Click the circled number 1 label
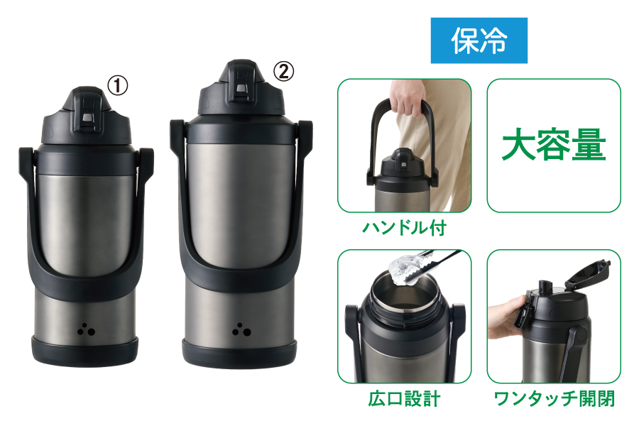(117, 86)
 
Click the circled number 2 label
(283, 71)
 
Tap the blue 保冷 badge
(479, 40)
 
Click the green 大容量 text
(554, 145)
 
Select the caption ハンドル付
(404, 227)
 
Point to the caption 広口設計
(404, 398)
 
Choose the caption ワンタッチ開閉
(554, 398)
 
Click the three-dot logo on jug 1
(87, 329)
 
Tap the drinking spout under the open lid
(544, 287)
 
